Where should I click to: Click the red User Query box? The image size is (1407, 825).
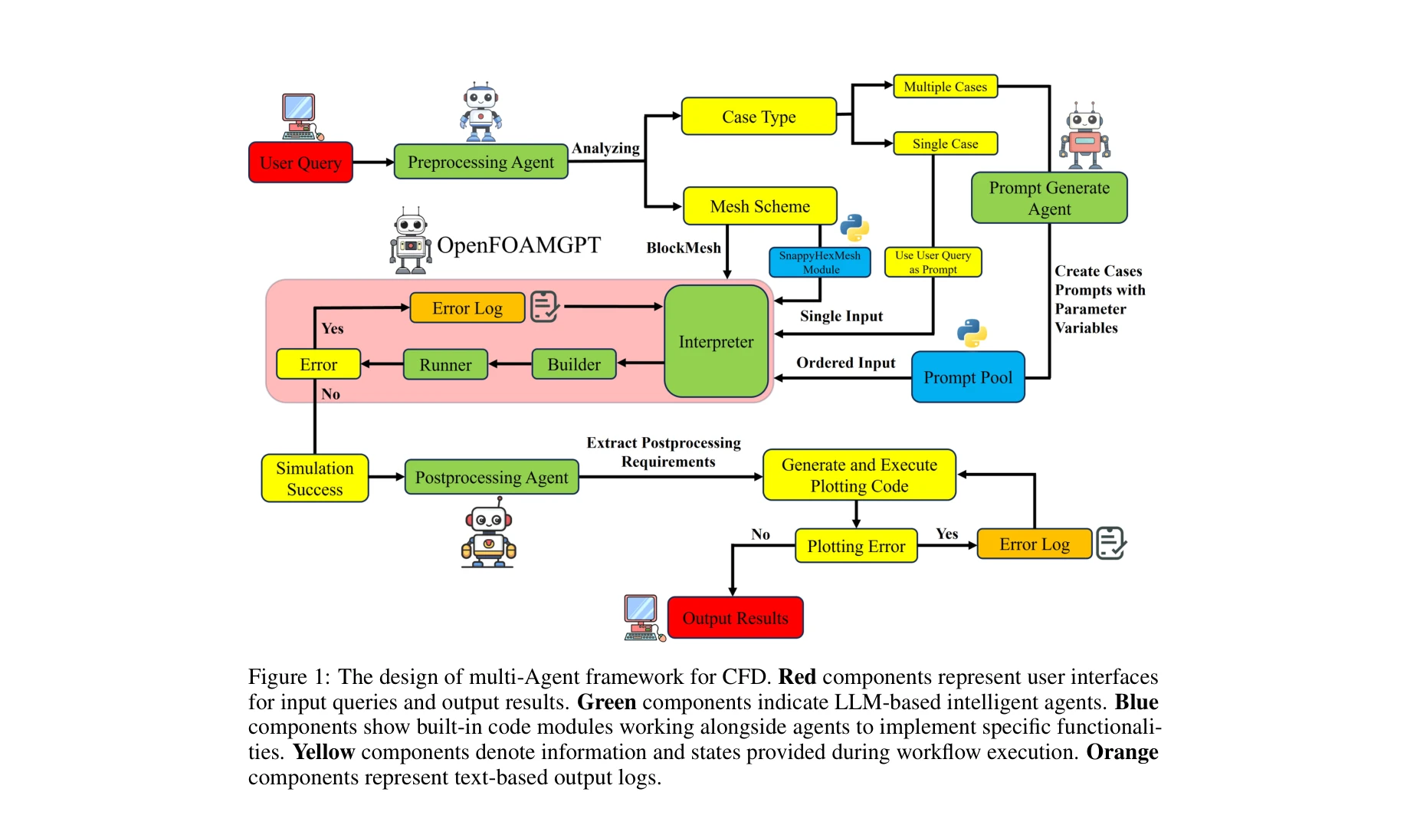[x=300, y=163]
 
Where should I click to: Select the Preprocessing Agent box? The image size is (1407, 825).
[x=480, y=163]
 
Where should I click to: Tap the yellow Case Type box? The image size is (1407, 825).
[x=759, y=117]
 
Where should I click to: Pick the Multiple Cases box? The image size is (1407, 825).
[x=945, y=87]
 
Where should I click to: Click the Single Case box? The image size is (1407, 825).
[x=945, y=143]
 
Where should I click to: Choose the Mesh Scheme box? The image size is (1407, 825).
[x=759, y=206]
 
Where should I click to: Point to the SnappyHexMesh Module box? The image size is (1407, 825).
[x=820, y=262]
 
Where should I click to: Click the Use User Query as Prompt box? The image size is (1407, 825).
[x=933, y=262]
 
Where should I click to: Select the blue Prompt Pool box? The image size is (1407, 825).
[x=968, y=377]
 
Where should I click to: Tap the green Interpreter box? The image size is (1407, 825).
[x=716, y=342]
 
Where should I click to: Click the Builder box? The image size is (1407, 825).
[x=574, y=365]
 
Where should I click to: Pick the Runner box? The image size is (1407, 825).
[x=445, y=365]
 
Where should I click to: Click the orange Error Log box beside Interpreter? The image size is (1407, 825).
[x=467, y=308]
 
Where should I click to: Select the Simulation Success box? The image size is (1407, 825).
[x=314, y=478]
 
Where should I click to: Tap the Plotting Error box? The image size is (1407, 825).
[x=856, y=546]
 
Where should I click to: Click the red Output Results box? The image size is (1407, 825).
[x=735, y=618]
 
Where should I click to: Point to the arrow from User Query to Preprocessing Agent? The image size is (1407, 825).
[x=373, y=163]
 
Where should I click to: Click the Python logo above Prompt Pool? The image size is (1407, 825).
[x=972, y=333]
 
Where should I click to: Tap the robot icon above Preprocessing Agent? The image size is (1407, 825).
[x=480, y=113]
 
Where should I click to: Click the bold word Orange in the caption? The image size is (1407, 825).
[x=1122, y=752]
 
